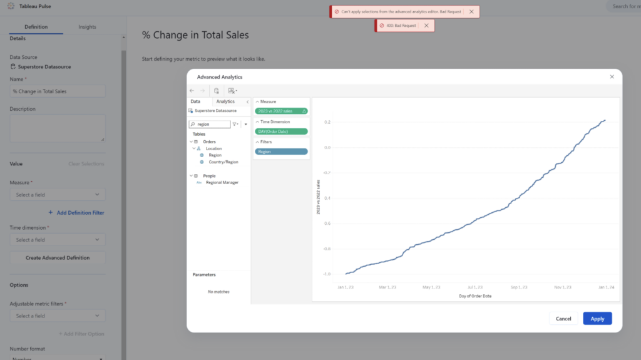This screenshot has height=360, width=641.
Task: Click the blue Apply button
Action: [597, 319]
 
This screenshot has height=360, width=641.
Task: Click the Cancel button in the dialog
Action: [563, 319]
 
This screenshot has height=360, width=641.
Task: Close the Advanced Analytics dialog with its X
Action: [612, 76]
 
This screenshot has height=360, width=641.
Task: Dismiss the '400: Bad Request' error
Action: [426, 26]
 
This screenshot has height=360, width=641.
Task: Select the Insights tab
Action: [87, 27]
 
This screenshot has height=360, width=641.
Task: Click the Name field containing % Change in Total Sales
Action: [58, 91]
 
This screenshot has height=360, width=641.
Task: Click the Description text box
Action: [58, 128]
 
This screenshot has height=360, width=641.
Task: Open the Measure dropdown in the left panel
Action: [58, 195]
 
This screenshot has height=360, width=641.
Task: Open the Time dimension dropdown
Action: [58, 240]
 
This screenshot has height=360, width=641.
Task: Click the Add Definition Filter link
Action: [80, 213]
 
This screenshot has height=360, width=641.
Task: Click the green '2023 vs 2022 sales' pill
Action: [281, 111]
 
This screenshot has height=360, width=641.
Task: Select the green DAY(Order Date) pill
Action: [281, 131]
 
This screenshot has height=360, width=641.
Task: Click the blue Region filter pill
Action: [281, 152]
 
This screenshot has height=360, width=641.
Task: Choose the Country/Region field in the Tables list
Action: [223, 162]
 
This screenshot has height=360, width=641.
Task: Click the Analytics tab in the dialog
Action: [225, 101]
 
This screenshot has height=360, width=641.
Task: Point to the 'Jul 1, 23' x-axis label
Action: [474, 287]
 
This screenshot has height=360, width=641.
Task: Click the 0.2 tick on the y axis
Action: [327, 122]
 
